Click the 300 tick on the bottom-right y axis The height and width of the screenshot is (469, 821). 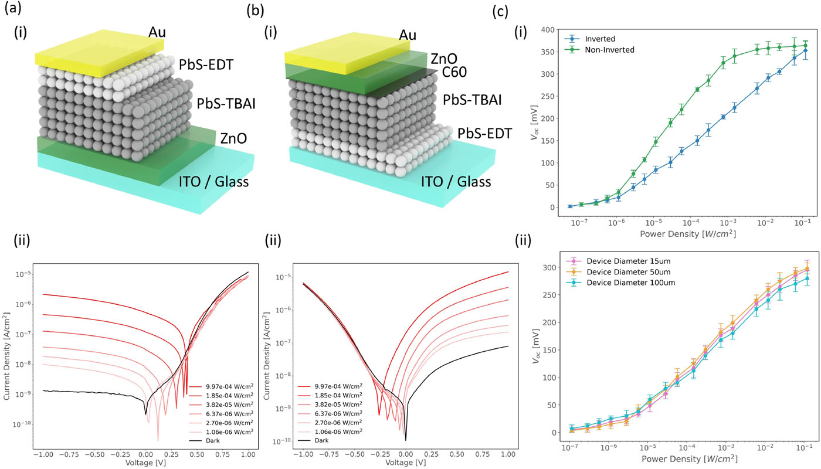[x=552, y=268]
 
